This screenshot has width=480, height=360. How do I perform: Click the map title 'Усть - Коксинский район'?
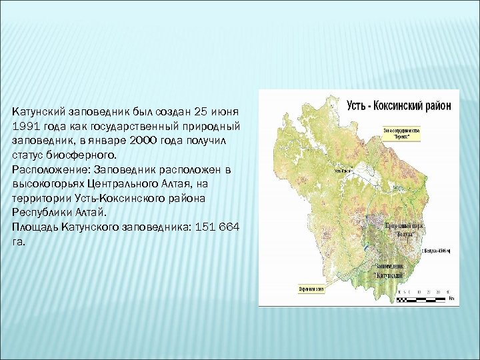click(399, 105)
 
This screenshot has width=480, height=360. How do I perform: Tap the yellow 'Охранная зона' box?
click(311, 288)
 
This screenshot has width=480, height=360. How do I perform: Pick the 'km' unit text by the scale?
click(451, 300)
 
